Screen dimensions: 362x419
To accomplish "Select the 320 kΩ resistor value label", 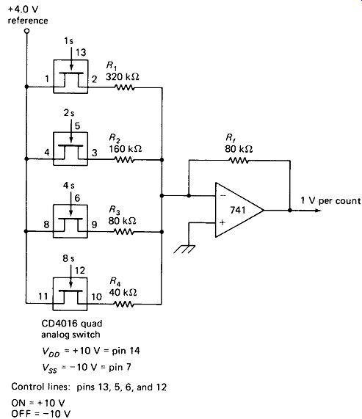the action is (123, 77).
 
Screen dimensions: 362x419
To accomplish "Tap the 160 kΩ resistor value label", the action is (125, 149).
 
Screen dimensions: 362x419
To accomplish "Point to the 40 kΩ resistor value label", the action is (123, 292).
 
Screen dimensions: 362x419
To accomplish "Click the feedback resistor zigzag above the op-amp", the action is (239, 161).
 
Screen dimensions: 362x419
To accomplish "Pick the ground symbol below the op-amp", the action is (184, 249).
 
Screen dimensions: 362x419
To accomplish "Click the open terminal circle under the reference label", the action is (26, 32).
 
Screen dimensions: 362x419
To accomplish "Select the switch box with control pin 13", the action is (70, 76).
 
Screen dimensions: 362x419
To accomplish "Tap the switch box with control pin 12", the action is (70, 294).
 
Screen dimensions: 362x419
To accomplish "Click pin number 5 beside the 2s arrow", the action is (77, 125).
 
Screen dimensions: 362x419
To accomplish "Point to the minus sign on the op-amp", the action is (223, 196).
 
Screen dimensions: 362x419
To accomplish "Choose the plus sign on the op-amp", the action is (222, 222).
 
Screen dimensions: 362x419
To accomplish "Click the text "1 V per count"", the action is (330, 200).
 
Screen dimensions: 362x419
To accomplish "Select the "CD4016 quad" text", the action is (72, 324).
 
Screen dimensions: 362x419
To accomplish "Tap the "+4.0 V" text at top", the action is (23, 10).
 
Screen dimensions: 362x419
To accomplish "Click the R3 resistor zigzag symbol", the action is (123, 232).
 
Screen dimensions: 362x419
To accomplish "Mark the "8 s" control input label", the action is (68, 258).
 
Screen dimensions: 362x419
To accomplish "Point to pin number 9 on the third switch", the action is (94, 225).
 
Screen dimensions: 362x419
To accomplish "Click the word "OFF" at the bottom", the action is (21, 413).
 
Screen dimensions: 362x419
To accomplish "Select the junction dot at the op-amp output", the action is (290, 211).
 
